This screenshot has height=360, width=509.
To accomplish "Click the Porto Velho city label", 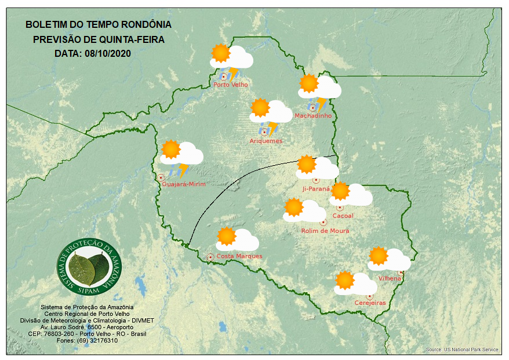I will coord(231,85).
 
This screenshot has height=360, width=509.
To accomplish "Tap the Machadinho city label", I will coord(313,116).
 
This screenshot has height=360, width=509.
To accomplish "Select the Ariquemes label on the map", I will coord(266,141).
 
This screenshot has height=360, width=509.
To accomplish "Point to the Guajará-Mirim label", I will coord(183,184).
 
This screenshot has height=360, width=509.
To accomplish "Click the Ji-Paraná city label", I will coord(316,189).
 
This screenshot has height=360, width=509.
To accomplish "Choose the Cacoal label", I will coord(343,216).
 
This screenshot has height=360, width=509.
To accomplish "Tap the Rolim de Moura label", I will coord(325,231).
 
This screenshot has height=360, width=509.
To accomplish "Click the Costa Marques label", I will coord(239,256).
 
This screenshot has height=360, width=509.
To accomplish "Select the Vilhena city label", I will coord(390,279).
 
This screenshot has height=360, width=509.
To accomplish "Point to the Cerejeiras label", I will coord(370,303).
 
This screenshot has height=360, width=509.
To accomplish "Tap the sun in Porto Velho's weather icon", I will coord(220,53).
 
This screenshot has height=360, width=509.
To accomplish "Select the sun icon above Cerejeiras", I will coord(345,281).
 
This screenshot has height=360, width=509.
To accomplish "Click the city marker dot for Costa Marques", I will coord(210,257).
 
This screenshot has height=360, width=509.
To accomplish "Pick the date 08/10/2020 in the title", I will coord(109,53).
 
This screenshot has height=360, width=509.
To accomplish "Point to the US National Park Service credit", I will coord(462,350).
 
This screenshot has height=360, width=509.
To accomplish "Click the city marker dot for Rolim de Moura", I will coord(323,222).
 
